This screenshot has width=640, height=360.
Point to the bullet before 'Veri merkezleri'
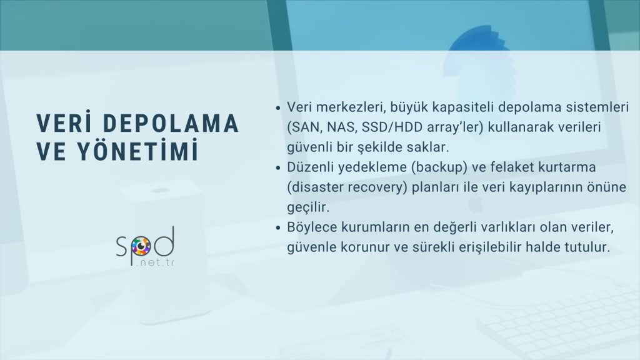tap(278, 107)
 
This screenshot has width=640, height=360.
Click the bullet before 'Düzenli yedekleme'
tap(278, 167)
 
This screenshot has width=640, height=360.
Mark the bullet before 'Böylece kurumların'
tap(278, 227)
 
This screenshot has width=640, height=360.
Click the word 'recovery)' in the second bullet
tap(371, 187)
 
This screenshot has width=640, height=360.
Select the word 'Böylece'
tap(311, 227)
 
